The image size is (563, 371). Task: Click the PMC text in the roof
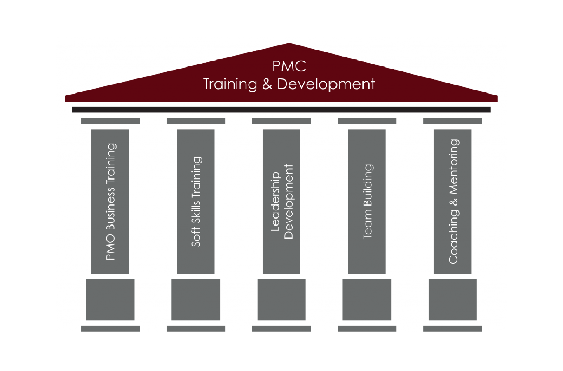pos(289,66)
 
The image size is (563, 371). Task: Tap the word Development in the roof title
pos(326,84)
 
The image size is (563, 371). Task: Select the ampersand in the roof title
pos(267,84)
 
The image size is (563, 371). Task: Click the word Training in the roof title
pos(230,84)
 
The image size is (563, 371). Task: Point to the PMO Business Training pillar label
pos(110,202)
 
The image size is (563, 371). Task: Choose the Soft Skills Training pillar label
pos(196,202)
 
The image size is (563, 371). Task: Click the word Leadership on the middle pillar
pos(275,202)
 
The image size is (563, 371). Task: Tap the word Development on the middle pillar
pos(289,202)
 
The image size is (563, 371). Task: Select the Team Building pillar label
pos(367,202)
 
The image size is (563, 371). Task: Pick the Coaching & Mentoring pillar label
pos(453,202)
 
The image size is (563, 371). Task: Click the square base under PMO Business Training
pos(110,300)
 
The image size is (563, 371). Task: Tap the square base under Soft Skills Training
pos(196,300)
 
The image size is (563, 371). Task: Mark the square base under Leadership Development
pos(281,300)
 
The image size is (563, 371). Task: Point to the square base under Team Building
pos(367,300)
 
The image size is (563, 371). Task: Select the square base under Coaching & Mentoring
pos(453,300)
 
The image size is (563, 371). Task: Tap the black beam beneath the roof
pos(281,110)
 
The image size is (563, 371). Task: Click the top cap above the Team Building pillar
pos(367,121)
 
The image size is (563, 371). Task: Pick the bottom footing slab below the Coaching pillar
pos(453,328)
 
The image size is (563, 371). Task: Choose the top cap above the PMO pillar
pos(110,121)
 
